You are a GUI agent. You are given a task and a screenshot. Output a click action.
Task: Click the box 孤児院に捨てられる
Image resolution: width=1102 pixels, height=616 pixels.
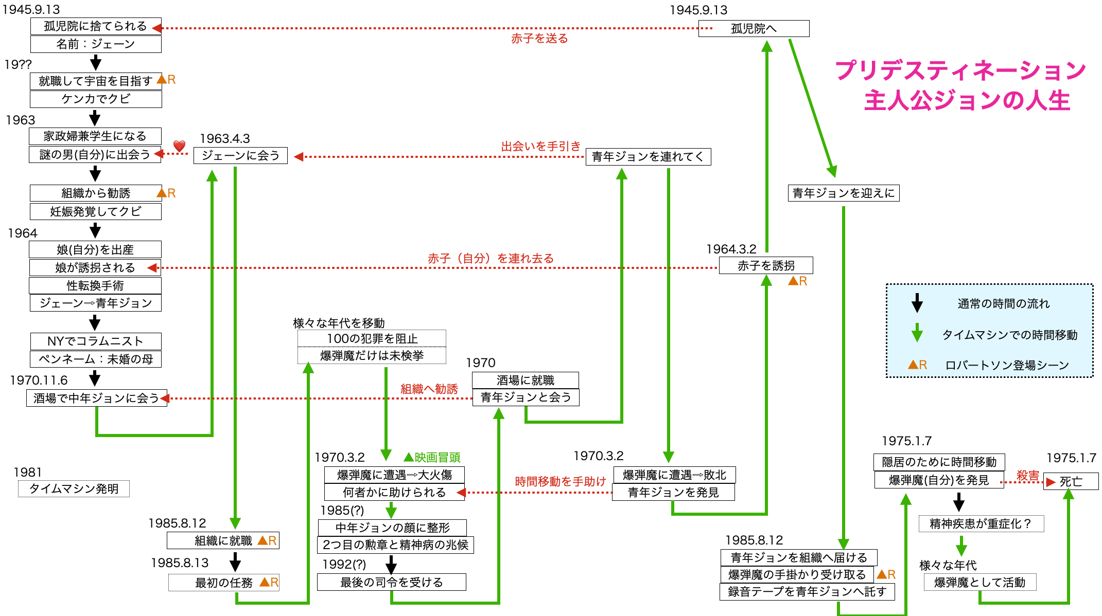click(96, 26)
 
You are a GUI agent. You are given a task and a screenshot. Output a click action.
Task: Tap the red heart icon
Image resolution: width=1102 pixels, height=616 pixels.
click(179, 146)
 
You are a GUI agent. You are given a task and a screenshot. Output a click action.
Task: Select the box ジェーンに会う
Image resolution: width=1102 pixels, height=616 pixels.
click(240, 155)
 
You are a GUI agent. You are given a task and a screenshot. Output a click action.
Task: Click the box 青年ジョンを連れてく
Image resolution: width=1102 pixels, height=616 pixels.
click(648, 157)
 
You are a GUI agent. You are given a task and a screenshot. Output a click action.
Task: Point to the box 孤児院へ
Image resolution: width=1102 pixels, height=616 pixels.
click(754, 29)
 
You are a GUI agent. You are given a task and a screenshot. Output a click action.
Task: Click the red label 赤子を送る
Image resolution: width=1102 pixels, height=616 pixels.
click(539, 39)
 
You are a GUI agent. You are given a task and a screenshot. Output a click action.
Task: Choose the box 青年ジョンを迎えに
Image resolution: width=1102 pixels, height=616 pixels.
click(844, 193)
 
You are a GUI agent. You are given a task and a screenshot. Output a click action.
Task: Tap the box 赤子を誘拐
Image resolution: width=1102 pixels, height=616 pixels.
click(766, 266)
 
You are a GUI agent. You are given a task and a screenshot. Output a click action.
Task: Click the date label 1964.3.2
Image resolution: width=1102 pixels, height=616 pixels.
click(731, 249)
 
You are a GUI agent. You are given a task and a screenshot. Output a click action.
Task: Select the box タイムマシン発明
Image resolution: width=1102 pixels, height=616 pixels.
click(74, 488)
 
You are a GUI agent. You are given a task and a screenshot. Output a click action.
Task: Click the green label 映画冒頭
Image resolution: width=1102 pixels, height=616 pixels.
click(438, 457)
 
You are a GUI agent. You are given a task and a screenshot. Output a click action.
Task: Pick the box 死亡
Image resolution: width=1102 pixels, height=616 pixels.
click(1071, 482)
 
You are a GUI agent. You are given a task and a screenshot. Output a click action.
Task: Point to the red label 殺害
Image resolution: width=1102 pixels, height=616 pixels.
click(1027, 476)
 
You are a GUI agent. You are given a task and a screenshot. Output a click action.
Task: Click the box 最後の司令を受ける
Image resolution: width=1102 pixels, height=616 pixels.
click(392, 582)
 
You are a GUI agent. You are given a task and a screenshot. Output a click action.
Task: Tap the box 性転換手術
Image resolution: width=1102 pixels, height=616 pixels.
click(95, 285)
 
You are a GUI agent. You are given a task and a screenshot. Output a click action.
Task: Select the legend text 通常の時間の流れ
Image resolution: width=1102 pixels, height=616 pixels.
click(1003, 304)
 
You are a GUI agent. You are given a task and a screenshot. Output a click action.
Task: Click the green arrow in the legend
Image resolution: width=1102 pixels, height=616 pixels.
click(917, 333)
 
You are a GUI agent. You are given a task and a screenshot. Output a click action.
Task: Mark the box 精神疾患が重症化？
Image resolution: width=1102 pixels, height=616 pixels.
click(981, 524)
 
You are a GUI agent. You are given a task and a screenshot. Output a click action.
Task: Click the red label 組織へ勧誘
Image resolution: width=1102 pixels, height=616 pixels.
click(429, 389)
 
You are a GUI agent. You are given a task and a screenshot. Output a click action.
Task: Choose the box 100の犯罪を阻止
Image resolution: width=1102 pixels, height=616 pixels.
click(372, 338)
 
